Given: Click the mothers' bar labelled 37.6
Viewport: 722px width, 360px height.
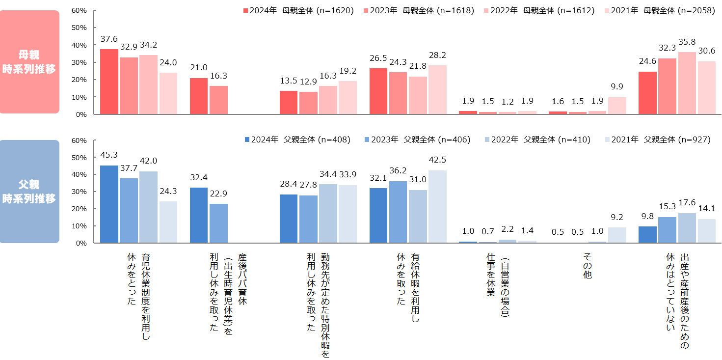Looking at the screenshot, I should [x=109, y=82].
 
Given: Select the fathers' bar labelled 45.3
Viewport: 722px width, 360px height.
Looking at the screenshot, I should [x=109, y=204].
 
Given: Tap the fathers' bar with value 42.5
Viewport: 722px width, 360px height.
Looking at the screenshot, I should [x=437, y=206].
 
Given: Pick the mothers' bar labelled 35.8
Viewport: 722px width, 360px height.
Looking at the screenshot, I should [x=687, y=83].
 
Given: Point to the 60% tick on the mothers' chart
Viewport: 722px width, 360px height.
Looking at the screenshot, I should [x=80, y=10].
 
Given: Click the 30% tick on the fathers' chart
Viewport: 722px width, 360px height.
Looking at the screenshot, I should [x=80, y=192].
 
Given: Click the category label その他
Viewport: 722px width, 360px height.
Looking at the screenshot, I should [x=588, y=267].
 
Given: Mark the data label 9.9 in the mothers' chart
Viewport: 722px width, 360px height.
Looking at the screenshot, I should [x=617, y=87].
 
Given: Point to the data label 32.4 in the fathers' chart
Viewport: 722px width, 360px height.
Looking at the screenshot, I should [x=199, y=177].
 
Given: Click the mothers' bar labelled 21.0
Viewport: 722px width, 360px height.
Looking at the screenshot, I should [x=199, y=96].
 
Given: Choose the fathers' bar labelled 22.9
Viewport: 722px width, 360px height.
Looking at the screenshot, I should [x=218, y=223].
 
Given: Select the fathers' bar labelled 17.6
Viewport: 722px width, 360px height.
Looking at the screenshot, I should [x=687, y=228].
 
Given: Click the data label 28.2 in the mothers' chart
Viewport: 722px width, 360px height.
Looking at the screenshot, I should [x=437, y=55].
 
